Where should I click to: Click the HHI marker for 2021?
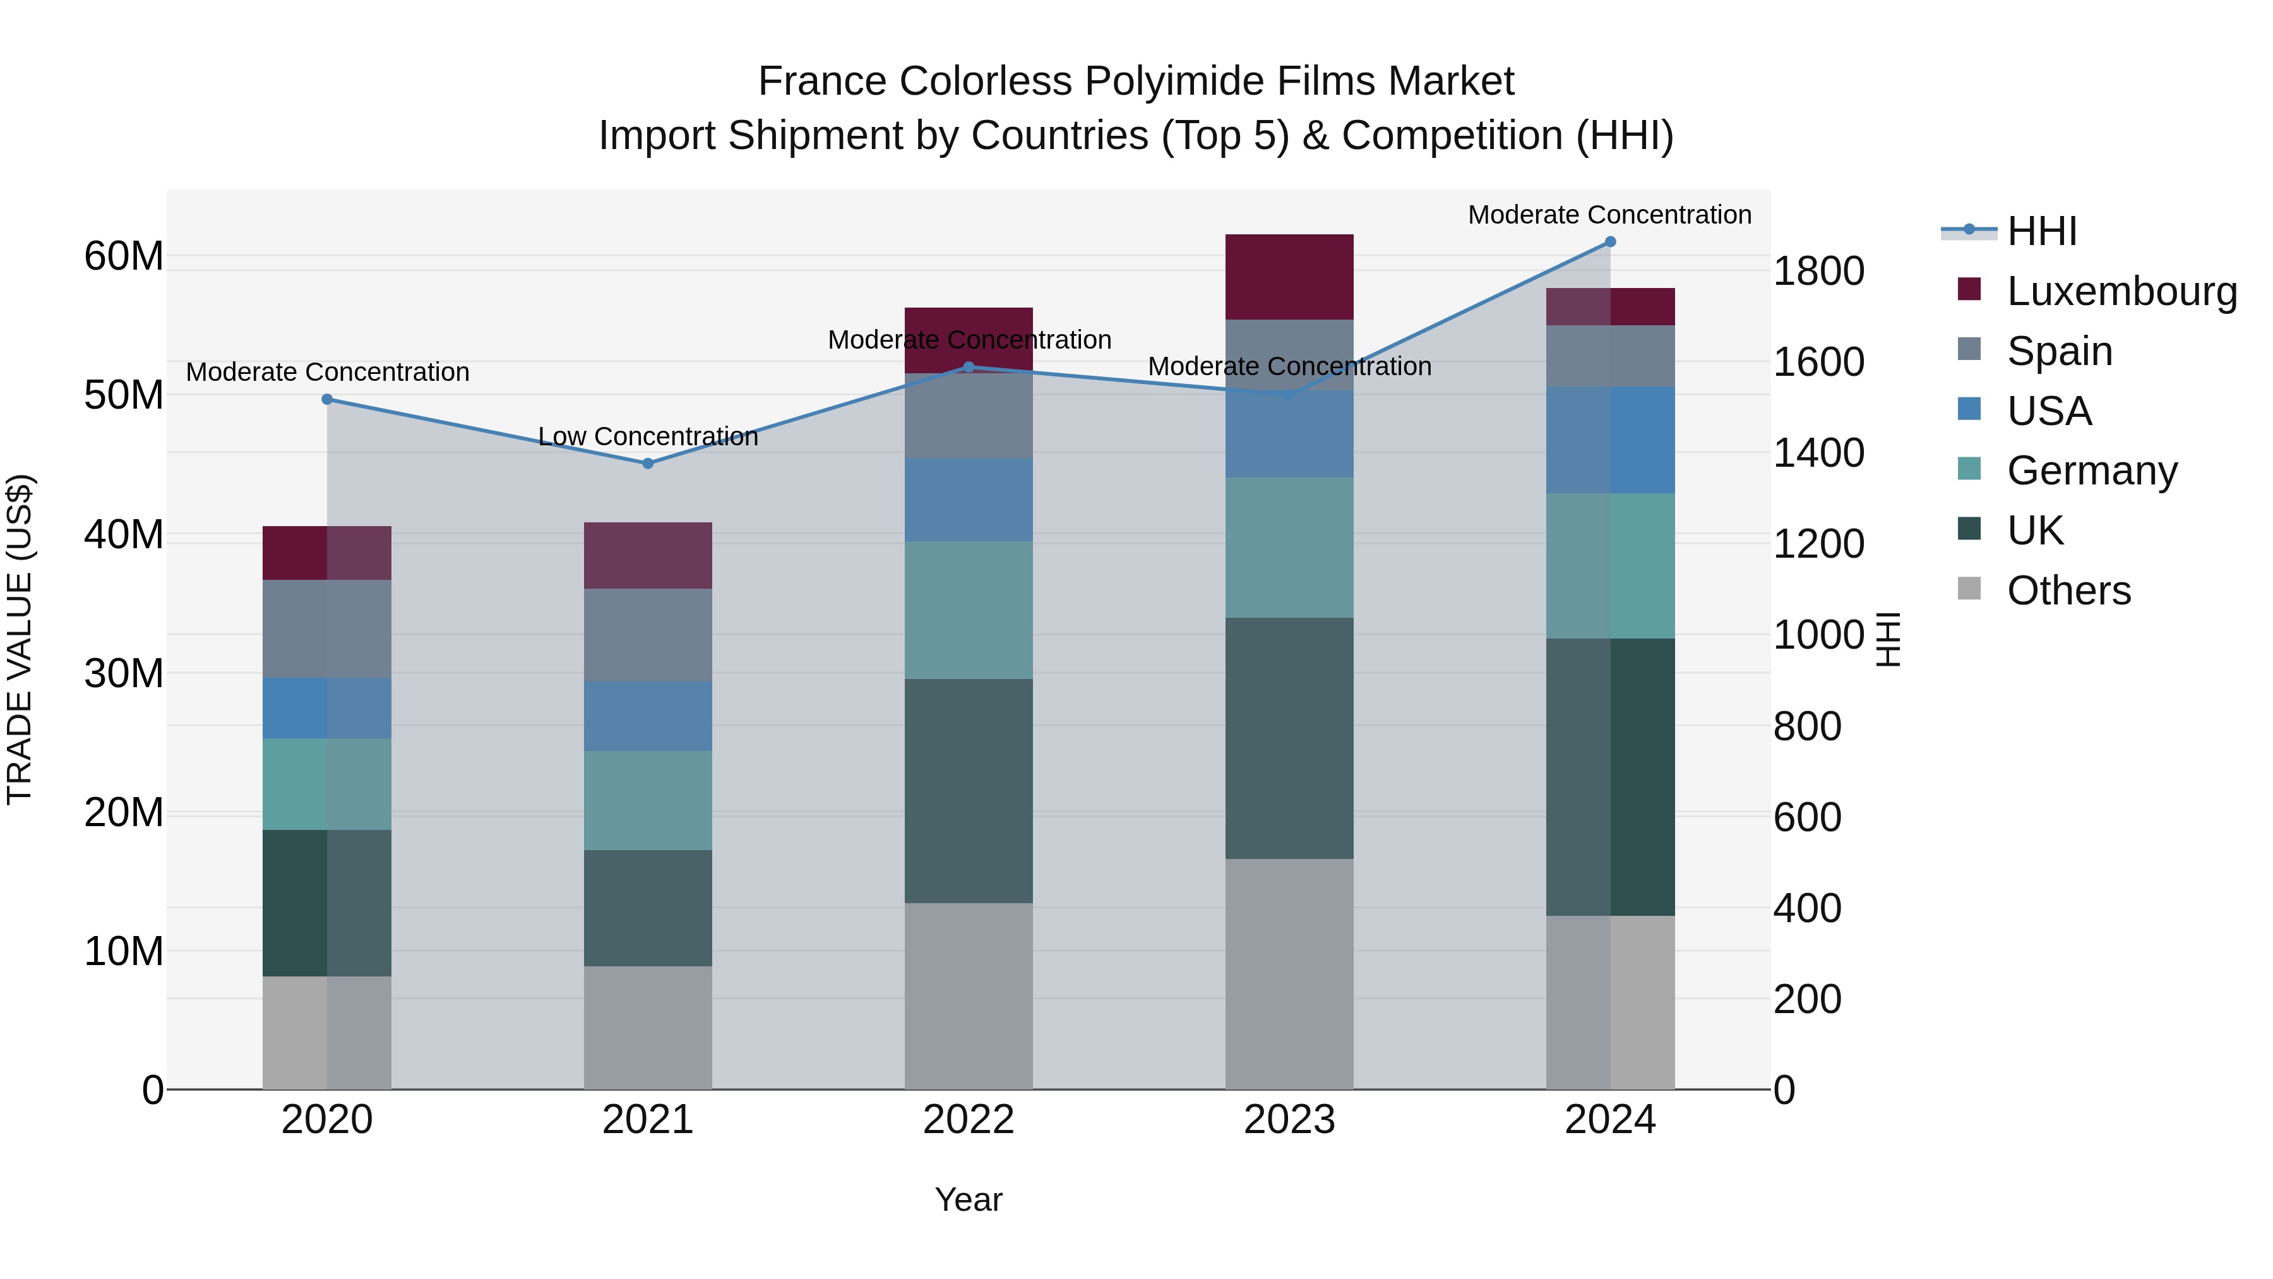pyautogui.click(x=648, y=464)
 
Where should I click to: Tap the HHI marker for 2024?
pyautogui.click(x=1610, y=242)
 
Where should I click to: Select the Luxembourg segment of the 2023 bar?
pyautogui.click(x=1289, y=276)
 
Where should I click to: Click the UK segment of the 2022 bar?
pyautogui.click(x=968, y=790)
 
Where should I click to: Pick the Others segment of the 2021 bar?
pyautogui.click(x=648, y=1028)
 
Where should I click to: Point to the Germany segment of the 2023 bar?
pyautogui.click(x=1289, y=547)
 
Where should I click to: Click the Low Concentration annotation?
pyautogui.click(x=648, y=437)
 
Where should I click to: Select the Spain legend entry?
pyautogui.click(x=2060, y=351)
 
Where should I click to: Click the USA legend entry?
pyautogui.click(x=2049, y=411)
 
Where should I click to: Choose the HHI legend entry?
pyautogui.click(x=2042, y=231)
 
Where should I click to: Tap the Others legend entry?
pyautogui.click(x=2068, y=591)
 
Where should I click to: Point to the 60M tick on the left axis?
pyautogui.click(x=124, y=257)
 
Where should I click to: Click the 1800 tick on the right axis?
pyautogui.click(x=1818, y=271)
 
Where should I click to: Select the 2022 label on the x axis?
pyautogui.click(x=968, y=1120)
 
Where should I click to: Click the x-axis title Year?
pyautogui.click(x=968, y=1199)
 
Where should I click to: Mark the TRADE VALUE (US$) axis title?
pyautogui.click(x=20, y=639)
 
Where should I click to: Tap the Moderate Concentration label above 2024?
pyautogui.click(x=1609, y=215)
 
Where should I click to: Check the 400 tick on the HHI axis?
pyautogui.click(x=1807, y=908)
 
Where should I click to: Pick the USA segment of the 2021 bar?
pyautogui.click(x=648, y=716)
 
